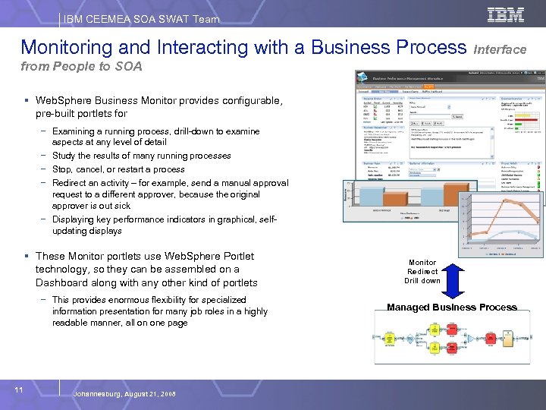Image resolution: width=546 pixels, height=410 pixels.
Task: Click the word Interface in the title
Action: click(500, 49)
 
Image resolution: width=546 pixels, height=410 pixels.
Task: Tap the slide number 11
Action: click(20, 389)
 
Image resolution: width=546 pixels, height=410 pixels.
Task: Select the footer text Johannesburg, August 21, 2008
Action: click(124, 394)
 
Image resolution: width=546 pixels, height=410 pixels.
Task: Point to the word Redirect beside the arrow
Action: click(422, 271)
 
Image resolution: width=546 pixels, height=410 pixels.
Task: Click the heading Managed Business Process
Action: click(451, 307)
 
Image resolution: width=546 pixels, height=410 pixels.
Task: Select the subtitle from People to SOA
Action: click(82, 67)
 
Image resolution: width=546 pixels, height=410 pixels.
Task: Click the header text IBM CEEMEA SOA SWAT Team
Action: click(142, 19)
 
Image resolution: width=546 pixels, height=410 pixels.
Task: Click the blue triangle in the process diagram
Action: click(471, 339)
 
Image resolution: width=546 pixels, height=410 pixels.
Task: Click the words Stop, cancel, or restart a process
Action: click(118, 169)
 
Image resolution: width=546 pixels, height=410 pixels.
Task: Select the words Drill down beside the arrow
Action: click(422, 281)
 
